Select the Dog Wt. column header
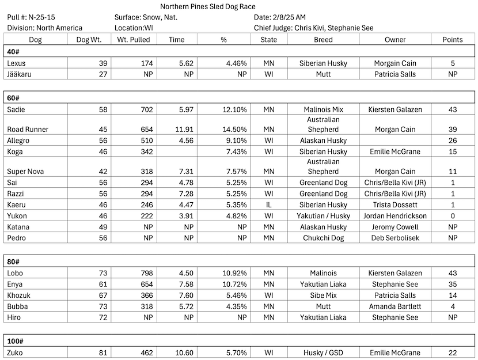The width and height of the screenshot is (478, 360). [88, 40]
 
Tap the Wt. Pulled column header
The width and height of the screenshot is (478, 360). [133, 40]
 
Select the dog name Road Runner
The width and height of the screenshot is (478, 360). [28, 129]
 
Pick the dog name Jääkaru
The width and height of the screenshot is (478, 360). [21, 74]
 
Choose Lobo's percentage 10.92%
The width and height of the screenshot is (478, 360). [233, 273]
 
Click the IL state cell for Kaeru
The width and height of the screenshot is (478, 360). [268, 204]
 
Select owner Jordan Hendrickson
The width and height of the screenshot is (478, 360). [394, 216]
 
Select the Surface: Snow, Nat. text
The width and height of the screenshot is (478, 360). [146, 17]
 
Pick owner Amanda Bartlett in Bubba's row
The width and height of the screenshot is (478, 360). [394, 306]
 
